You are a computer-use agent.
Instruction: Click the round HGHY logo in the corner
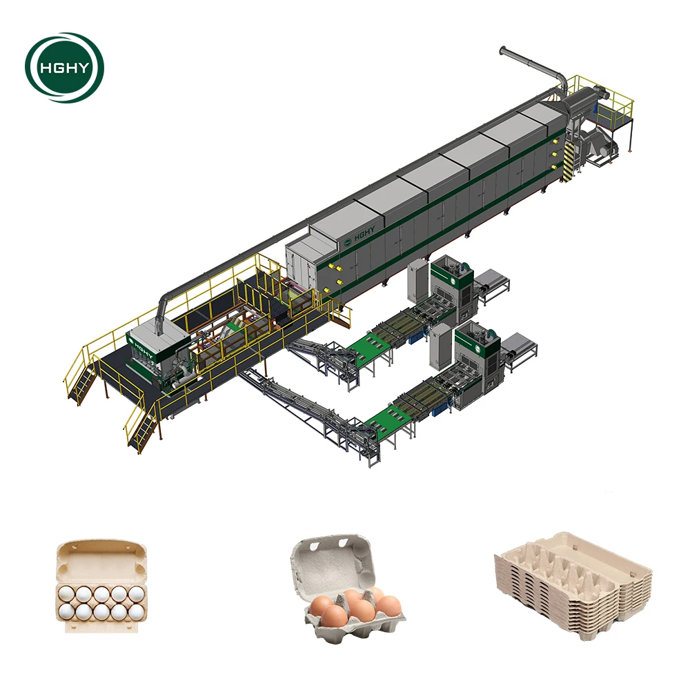(x=64, y=68)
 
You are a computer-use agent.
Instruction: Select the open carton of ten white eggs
(x=101, y=587)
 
